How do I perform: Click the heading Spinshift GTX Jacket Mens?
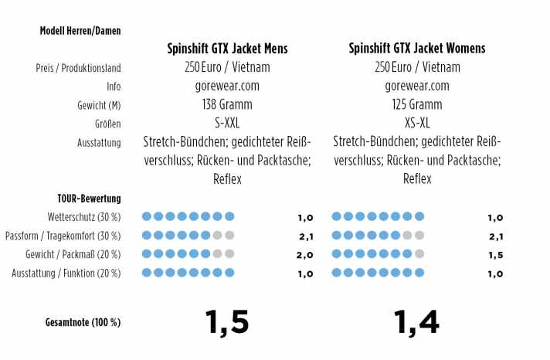coord(227,49)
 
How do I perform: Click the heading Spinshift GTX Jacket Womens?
coord(417,49)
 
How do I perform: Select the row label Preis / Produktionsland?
coord(79,68)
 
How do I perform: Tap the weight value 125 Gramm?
coord(417,104)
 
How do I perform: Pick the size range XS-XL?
coord(417,123)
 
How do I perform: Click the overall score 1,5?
coord(227,321)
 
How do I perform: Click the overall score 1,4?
coord(417,321)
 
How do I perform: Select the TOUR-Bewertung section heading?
coord(89,199)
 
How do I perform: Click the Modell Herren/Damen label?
coord(80,31)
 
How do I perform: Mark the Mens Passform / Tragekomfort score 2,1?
coord(304,236)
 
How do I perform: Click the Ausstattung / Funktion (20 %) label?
coord(66,273)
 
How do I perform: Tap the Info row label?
coord(114,87)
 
